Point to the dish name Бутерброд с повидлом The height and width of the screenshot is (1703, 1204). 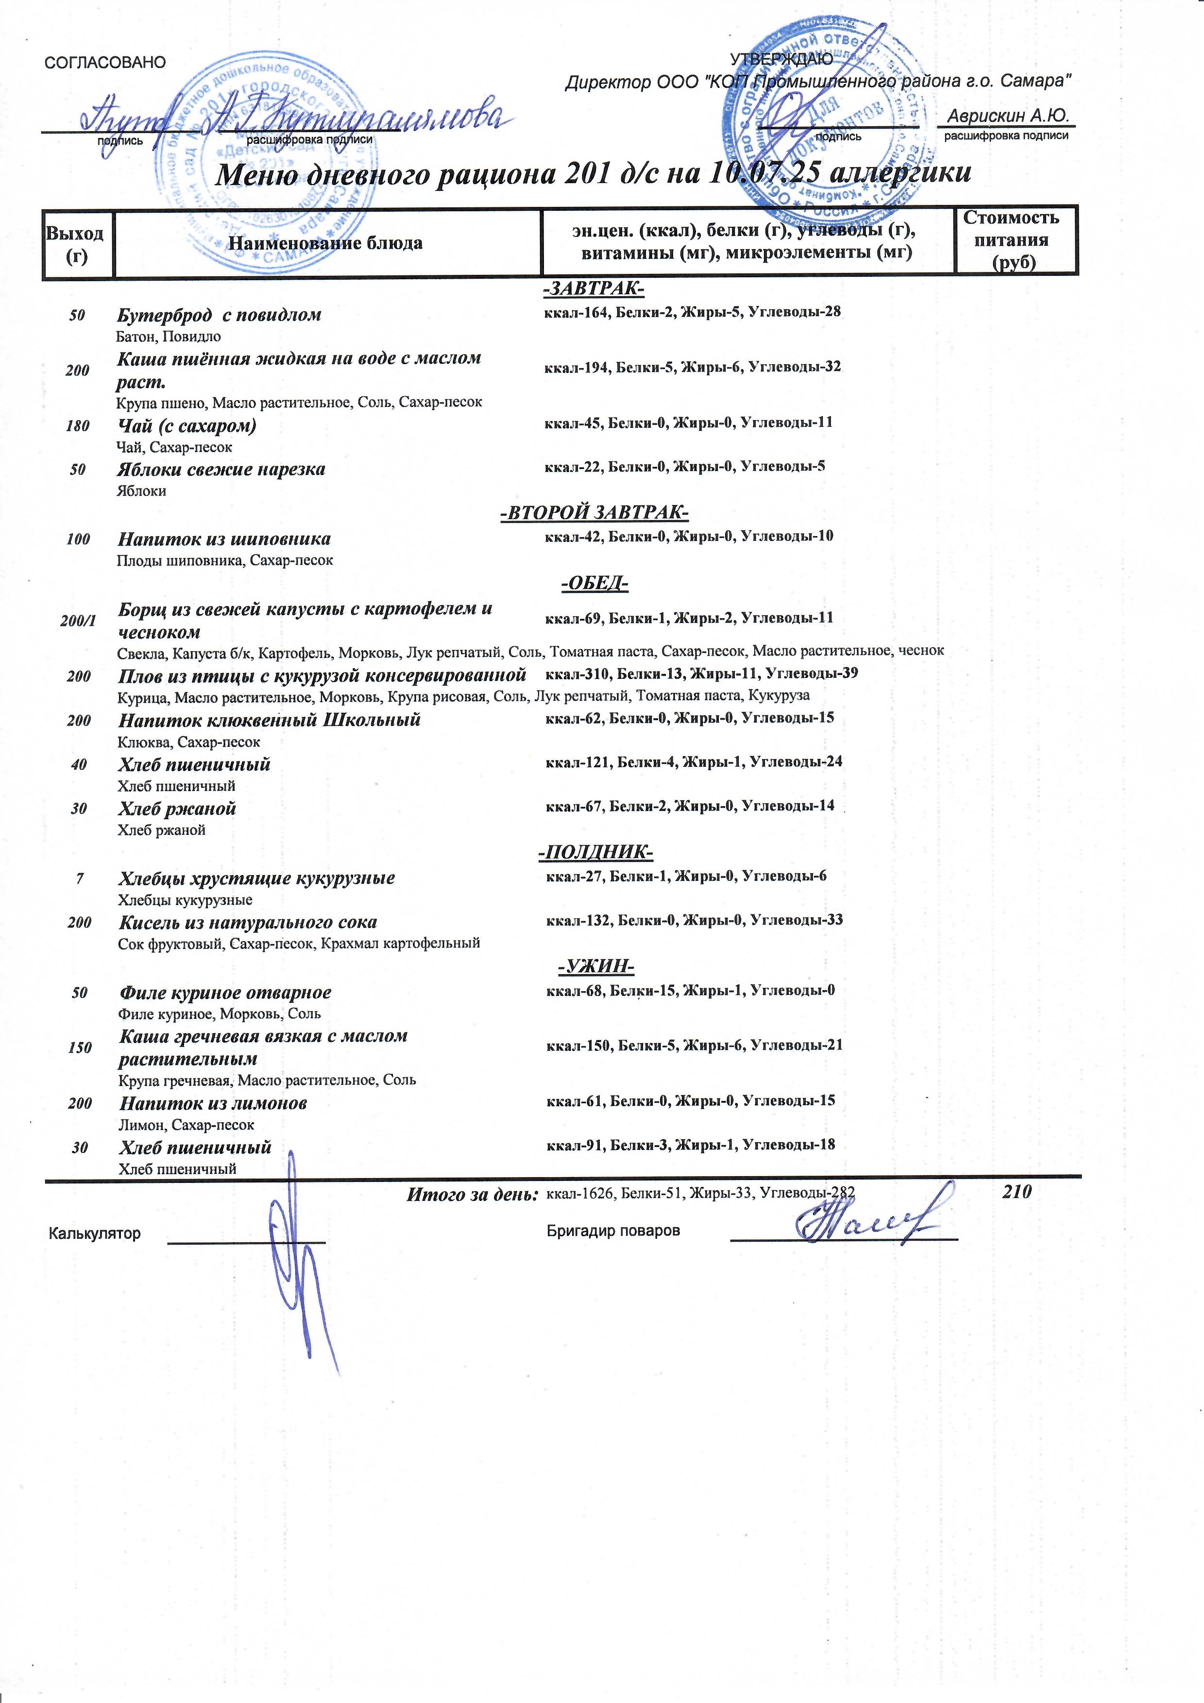click(x=219, y=315)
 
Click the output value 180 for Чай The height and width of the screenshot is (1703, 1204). click(x=77, y=426)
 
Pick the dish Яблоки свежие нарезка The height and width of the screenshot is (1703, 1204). click(x=221, y=470)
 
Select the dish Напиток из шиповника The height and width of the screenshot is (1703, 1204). click(x=224, y=539)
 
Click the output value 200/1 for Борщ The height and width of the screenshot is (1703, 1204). click(x=78, y=621)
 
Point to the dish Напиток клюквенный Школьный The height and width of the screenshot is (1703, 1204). click(x=269, y=720)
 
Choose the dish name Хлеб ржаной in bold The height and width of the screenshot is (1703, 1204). click(x=177, y=809)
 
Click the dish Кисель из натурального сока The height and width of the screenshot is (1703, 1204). click(x=248, y=923)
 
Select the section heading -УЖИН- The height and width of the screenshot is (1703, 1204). click(x=596, y=967)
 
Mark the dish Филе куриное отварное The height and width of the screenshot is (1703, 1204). click(x=225, y=993)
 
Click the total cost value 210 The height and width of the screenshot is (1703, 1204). click(x=1017, y=1192)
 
